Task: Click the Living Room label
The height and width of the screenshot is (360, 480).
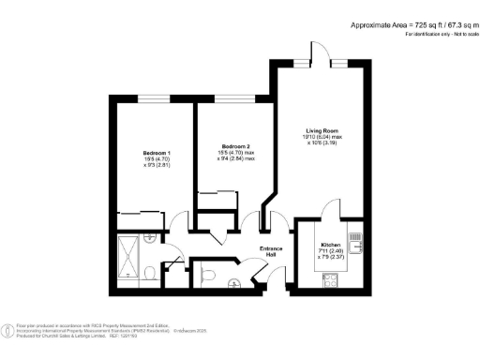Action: pos(322,130)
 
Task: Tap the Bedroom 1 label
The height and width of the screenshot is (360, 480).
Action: pos(156,153)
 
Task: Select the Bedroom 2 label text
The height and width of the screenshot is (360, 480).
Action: pos(234,147)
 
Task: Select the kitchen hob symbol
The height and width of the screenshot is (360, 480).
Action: pos(330,278)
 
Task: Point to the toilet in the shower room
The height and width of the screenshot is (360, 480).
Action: pos(151,273)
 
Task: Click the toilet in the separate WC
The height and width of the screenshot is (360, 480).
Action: pos(209,275)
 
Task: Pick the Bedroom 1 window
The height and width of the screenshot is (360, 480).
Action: pos(155,98)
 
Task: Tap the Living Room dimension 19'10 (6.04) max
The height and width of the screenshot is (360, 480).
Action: pos(322,138)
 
